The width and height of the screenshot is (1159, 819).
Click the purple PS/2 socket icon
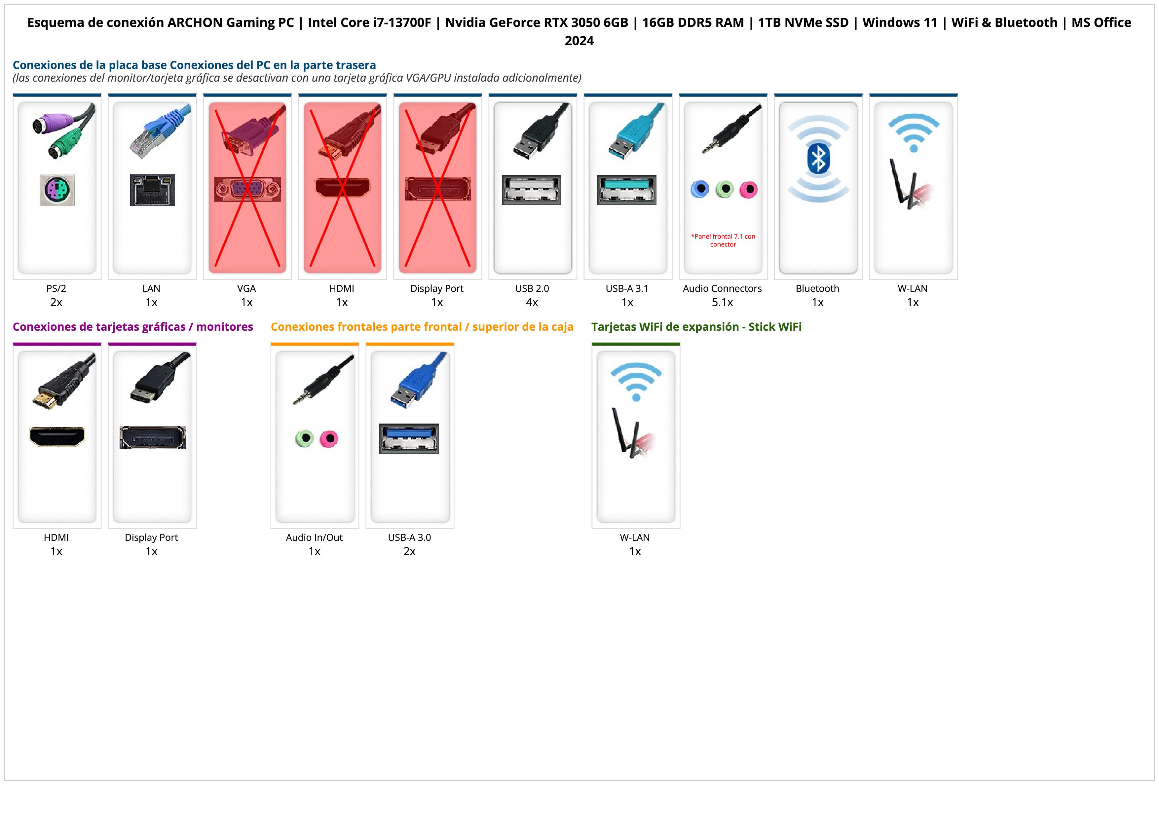coord(57,190)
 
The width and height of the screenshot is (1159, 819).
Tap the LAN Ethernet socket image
coord(152,190)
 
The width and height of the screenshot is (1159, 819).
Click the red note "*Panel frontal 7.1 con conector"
coord(723,240)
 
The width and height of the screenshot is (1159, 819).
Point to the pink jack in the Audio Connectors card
coord(748,190)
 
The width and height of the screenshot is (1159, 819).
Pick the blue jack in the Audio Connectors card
coord(700,189)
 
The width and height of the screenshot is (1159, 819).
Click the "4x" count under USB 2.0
coord(532,302)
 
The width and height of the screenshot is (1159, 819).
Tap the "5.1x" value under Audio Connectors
coord(722,302)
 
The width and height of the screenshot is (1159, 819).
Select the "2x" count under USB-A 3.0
coord(409,551)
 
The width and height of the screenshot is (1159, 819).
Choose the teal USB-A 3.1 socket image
coord(626,190)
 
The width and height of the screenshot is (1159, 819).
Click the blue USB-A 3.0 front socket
coord(409,438)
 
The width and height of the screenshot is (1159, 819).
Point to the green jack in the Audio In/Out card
coord(304,438)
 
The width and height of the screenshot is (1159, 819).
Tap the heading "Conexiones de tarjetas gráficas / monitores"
coord(133,327)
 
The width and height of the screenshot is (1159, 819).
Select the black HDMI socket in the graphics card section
coord(57,436)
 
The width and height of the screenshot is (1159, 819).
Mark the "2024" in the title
coord(579,41)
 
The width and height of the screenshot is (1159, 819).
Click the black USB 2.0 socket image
coord(532,190)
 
